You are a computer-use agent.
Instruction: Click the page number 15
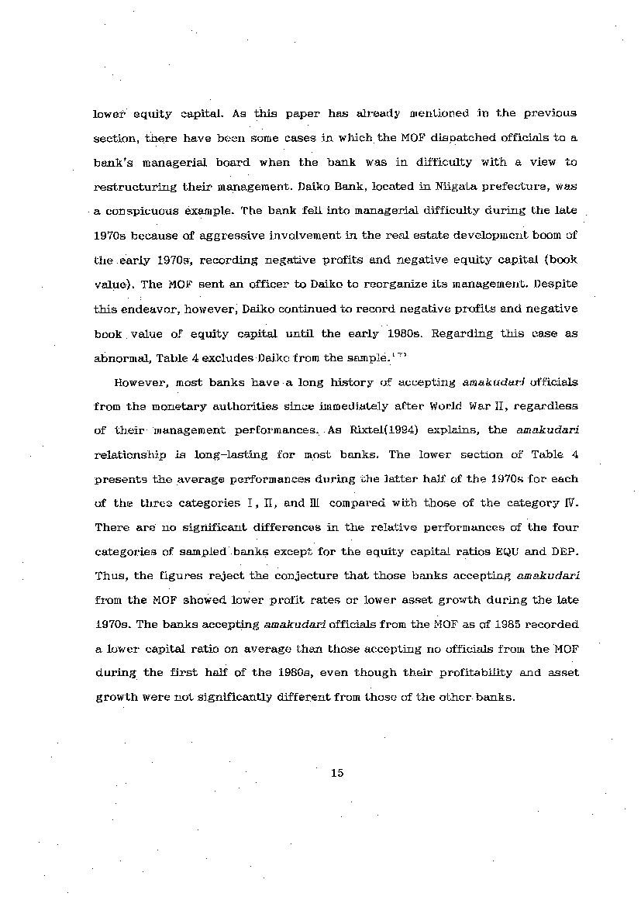pos(336,772)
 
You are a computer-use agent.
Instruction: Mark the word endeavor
pos(151,309)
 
